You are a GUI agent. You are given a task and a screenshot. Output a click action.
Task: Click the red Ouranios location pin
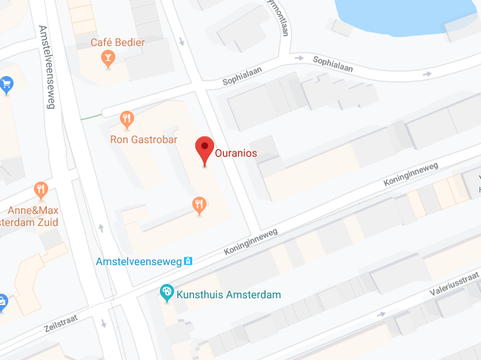tap(204, 149)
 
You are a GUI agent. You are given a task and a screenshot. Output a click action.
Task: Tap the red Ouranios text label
tap(236, 152)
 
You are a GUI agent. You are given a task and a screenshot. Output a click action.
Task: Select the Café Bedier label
tap(118, 42)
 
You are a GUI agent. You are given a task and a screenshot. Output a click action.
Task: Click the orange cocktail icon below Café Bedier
tap(108, 59)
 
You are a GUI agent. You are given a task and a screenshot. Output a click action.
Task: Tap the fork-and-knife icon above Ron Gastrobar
tap(127, 119)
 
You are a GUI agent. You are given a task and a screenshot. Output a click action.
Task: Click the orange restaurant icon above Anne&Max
tap(41, 189)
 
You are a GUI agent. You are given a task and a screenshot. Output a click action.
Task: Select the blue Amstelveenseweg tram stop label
tap(139, 262)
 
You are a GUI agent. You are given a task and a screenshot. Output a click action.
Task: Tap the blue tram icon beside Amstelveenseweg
tap(188, 261)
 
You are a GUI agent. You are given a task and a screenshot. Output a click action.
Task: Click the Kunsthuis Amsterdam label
tap(228, 293)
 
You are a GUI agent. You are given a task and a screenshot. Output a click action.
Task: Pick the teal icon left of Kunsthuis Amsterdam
tap(167, 292)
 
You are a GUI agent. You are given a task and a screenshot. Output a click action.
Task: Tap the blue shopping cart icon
tap(6, 84)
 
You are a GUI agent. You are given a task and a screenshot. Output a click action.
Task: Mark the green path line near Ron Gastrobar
tap(90, 115)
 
